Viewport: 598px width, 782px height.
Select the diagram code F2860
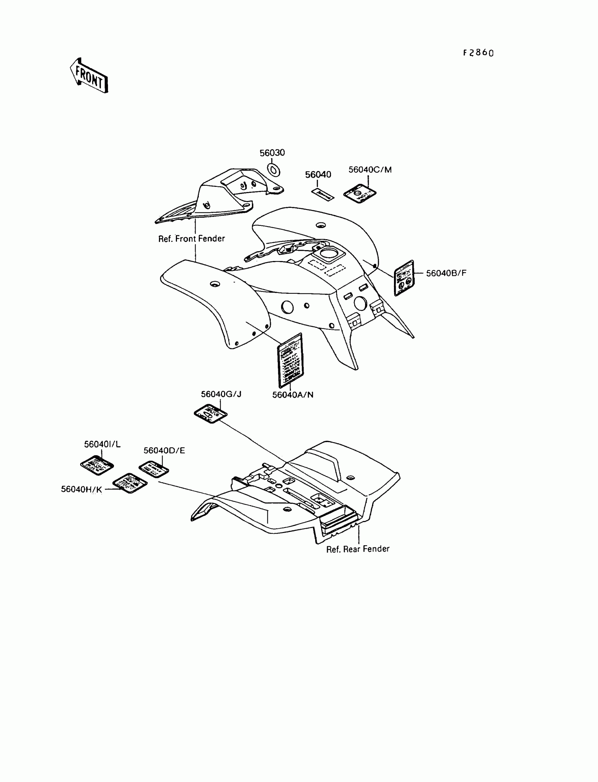tap(478, 53)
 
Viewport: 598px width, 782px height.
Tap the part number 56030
tap(272, 153)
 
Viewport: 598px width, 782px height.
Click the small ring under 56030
tap(273, 170)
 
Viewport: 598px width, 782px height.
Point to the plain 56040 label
tap(318, 174)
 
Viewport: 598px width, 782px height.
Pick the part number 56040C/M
tap(370, 170)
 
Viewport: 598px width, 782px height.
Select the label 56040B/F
tap(446, 273)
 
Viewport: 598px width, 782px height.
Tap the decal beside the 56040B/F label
tap(404, 278)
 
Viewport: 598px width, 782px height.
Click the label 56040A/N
tap(293, 395)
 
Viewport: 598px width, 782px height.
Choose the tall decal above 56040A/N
tap(290, 360)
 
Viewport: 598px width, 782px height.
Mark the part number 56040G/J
tap(221, 394)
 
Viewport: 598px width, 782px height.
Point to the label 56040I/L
tap(102, 444)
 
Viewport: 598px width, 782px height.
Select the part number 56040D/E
tap(164, 451)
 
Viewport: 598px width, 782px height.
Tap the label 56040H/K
tap(82, 489)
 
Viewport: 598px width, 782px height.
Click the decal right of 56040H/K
tap(130, 483)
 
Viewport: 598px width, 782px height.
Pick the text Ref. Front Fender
tap(191, 239)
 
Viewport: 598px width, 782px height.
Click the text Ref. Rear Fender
tap(358, 549)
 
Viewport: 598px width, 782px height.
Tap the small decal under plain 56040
tap(323, 194)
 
